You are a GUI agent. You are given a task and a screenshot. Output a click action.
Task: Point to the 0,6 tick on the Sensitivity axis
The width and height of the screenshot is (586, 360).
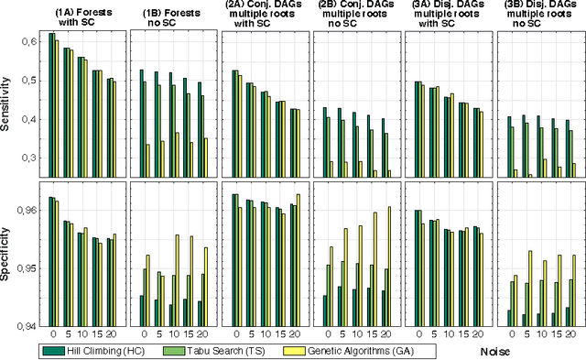(x=29, y=42)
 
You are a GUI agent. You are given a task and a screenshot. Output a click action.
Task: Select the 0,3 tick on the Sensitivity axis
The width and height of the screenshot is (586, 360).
(x=29, y=158)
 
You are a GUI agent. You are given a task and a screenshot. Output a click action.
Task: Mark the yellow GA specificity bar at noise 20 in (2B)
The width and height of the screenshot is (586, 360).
(x=388, y=266)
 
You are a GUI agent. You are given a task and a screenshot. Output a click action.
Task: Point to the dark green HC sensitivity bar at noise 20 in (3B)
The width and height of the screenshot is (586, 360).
(x=566, y=147)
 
